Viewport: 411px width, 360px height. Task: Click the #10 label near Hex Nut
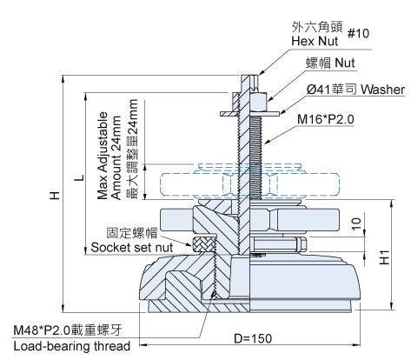coord(358,33)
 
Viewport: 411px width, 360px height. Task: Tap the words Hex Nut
coord(315,41)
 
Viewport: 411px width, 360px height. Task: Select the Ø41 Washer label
coord(355,90)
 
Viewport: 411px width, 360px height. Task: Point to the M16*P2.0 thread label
coord(326,119)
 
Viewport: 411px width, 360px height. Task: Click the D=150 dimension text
coord(253,338)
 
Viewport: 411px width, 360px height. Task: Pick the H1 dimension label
coord(384,257)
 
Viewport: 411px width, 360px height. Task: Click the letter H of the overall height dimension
coord(55,196)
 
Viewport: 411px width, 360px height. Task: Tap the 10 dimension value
coord(356,223)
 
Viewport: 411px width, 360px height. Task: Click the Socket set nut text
coord(132,248)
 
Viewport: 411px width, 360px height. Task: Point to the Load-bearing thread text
coord(72,346)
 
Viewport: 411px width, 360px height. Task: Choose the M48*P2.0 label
coord(42,330)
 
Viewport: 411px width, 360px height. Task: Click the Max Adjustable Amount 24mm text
coord(109,156)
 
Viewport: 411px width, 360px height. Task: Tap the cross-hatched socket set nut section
coord(204,243)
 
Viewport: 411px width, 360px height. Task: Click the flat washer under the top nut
coord(249,113)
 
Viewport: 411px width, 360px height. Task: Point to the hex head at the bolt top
coord(249,83)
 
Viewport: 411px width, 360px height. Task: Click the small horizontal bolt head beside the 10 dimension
coord(302,244)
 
